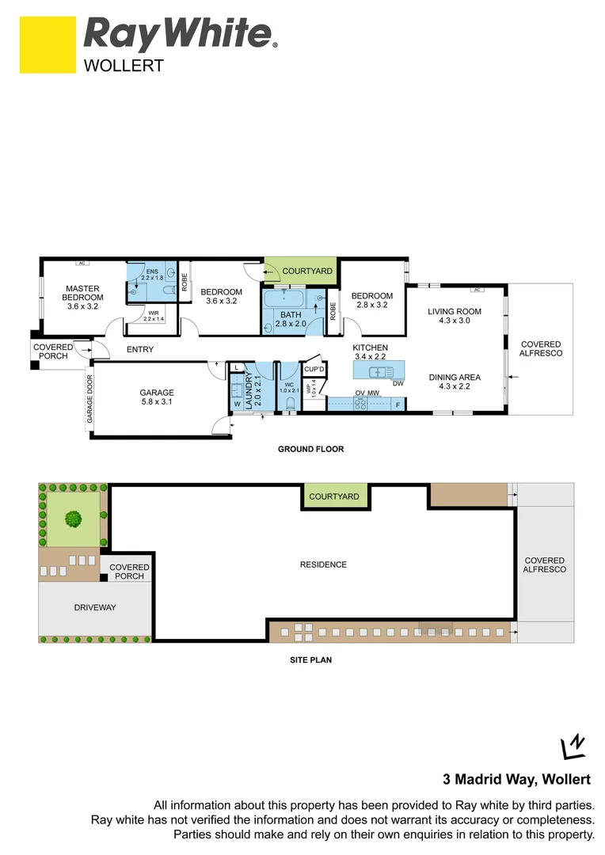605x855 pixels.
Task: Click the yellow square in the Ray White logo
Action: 48,46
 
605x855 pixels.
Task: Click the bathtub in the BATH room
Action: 283,300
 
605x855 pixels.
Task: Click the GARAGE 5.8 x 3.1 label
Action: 157,397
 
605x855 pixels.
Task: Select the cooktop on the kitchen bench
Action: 360,404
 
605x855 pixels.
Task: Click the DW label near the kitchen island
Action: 398,384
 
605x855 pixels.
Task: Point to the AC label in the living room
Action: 477,290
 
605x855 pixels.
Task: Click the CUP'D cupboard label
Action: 314,370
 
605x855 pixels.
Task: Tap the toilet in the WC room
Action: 291,405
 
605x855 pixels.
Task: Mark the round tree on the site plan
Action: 73,519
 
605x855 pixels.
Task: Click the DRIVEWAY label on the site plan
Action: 95,607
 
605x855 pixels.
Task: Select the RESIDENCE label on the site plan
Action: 323,564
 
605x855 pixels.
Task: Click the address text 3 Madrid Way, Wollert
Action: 515,779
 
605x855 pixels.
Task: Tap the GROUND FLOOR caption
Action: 310,449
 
